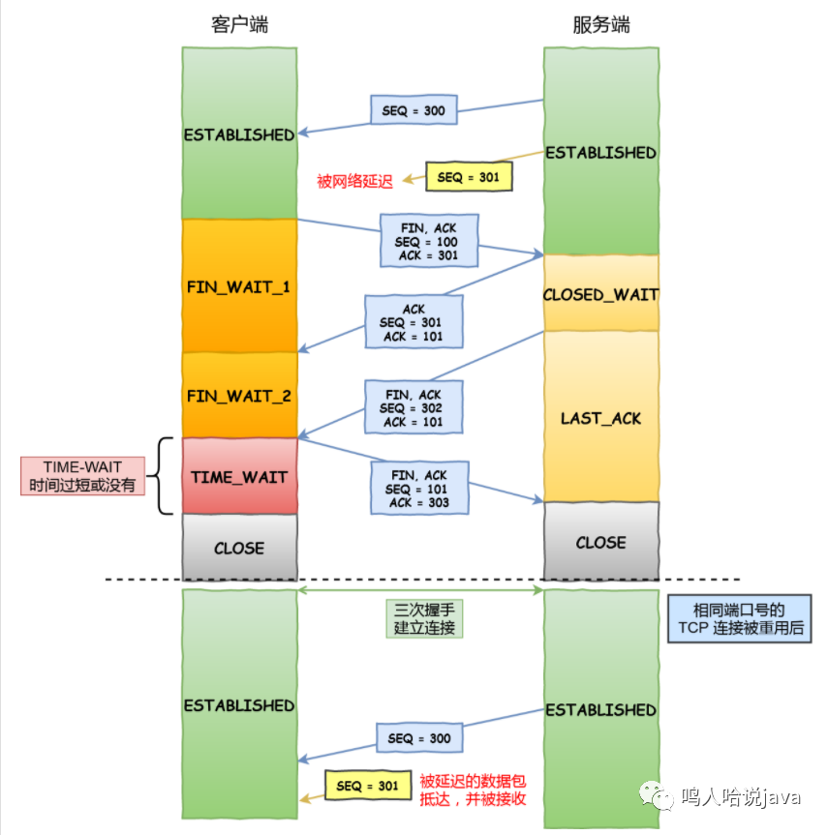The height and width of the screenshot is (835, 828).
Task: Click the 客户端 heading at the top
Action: pos(239,24)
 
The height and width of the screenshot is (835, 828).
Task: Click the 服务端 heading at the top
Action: pos(600,24)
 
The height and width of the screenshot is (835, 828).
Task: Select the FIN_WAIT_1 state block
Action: pos(239,286)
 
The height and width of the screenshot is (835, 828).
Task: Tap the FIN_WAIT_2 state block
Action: pos(239,396)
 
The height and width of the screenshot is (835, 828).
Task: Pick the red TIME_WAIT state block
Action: pos(239,476)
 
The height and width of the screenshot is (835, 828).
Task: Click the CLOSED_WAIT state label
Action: pos(600,294)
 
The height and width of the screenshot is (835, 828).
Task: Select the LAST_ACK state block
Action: pos(600,417)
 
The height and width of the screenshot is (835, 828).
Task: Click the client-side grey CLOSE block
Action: pos(239,547)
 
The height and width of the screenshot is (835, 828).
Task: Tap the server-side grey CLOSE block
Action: pos(600,541)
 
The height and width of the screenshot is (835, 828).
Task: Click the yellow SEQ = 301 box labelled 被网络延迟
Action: pos(469,177)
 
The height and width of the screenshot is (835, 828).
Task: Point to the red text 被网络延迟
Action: pos(354,182)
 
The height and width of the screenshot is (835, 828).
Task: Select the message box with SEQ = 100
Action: pos(429,241)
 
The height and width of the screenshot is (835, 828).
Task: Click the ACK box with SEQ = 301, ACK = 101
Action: pos(414,322)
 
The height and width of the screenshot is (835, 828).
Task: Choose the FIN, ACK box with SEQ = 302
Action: pos(414,407)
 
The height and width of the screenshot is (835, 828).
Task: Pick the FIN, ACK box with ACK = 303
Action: pos(419,488)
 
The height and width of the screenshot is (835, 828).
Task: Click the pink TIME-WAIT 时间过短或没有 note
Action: pos(82,476)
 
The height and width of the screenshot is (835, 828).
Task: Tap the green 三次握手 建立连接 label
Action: pos(424,619)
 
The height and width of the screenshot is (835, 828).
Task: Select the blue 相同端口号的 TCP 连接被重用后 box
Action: pos(740,619)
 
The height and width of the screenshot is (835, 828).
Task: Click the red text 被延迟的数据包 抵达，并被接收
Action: pos(473,790)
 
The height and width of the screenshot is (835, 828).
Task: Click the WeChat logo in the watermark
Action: pos(657,795)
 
